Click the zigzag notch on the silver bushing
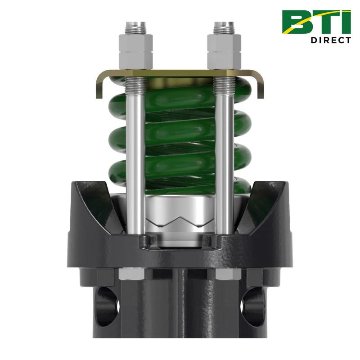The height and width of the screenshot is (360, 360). pyautogui.click(x=180, y=223)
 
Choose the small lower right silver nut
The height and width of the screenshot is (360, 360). pyautogui.click(x=224, y=273)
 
